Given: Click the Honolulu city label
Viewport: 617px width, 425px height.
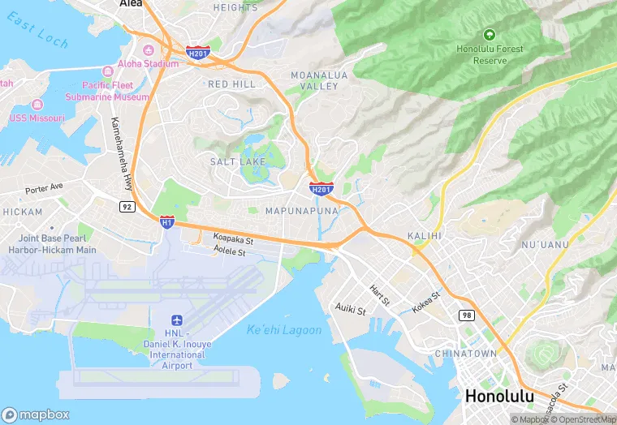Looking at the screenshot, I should coord(498,397).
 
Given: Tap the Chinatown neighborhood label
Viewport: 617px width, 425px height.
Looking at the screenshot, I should coord(465,354).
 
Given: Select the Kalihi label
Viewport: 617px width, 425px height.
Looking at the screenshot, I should coord(425,235).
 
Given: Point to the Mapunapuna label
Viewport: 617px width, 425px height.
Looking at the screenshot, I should coord(301,210).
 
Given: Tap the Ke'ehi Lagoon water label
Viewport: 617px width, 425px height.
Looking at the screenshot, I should coord(284,330).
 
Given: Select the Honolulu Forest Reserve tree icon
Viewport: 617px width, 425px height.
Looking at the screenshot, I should coord(489,34).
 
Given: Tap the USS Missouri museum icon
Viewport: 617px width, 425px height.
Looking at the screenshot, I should coord(37,105).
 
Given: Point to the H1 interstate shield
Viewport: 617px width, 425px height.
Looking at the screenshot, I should coord(166,221).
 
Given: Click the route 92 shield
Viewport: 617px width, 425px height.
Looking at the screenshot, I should coord(127,207).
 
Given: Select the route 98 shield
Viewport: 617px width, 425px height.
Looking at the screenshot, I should coord(466,315).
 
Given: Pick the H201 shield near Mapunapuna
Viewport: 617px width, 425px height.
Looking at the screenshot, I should coord(321,189).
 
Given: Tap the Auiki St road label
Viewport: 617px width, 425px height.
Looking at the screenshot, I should coord(351,309).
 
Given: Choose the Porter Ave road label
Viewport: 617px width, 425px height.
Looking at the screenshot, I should coord(44,188).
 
